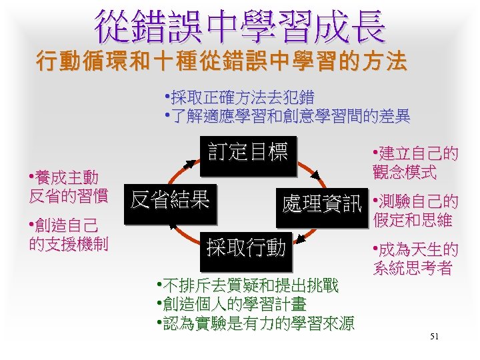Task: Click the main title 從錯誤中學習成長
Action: click(240, 26)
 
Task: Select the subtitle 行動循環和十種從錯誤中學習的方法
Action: click(221, 63)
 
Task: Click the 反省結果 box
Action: click(170, 199)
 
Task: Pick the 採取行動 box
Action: click(246, 249)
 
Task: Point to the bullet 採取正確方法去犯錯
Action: click(239, 97)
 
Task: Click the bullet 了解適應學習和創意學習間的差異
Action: click(287, 117)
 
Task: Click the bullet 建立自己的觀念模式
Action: click(414, 163)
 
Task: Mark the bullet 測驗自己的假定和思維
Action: click(414, 210)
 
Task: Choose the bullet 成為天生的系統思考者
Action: click(414, 259)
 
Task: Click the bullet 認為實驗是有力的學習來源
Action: click(253, 323)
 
